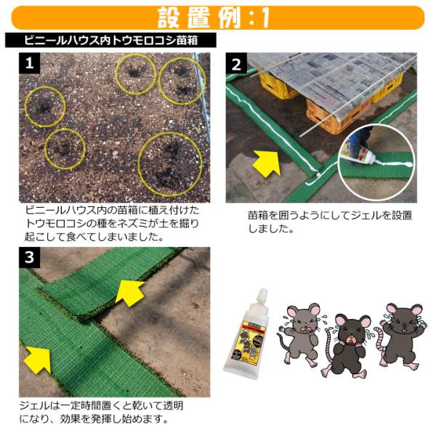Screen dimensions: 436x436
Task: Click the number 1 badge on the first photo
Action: tap(30, 63)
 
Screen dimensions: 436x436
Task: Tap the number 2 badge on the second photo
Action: tap(236, 63)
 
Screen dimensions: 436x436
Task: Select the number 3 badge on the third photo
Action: tap(30, 257)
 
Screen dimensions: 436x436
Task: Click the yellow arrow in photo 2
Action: tap(267, 163)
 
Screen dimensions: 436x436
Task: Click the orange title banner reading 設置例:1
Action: tap(218, 17)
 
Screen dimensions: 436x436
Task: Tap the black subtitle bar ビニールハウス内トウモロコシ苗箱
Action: tap(110, 40)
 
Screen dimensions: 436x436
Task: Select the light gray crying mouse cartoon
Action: tap(299, 335)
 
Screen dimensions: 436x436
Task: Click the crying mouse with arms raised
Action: tap(400, 336)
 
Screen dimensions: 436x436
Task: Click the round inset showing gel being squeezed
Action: tap(375, 163)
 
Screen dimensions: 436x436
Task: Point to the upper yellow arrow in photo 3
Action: tap(129, 293)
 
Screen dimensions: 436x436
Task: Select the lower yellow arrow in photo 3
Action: tap(38, 360)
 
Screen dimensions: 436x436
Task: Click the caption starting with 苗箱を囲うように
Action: tap(330, 222)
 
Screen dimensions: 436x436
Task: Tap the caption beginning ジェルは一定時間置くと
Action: tap(101, 412)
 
